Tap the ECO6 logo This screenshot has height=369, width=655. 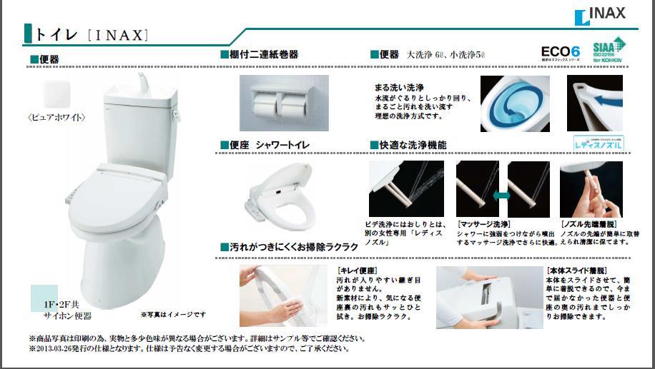point(560,52)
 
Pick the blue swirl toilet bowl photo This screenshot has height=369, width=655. point(514,103)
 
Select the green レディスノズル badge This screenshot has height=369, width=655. point(599,143)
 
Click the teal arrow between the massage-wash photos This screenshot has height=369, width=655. point(501,194)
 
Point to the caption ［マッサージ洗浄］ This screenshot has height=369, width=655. point(483,224)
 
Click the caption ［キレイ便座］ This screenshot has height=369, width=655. point(358,271)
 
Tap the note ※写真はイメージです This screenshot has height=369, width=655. point(173,315)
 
